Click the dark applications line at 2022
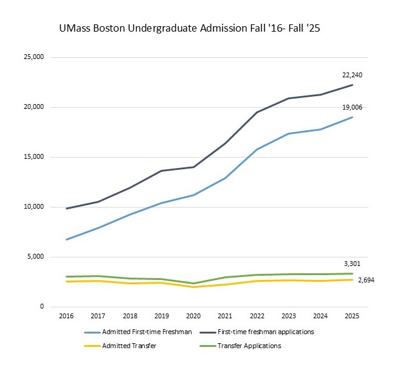pos(257,112)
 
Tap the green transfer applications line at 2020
pos(194,283)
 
